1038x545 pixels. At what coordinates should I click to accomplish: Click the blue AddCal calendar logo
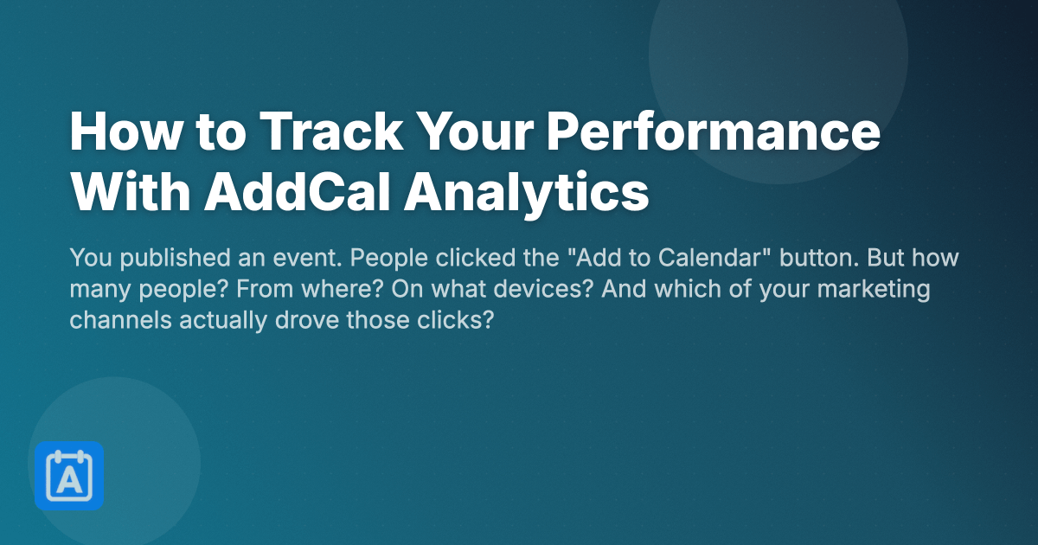pos(69,476)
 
